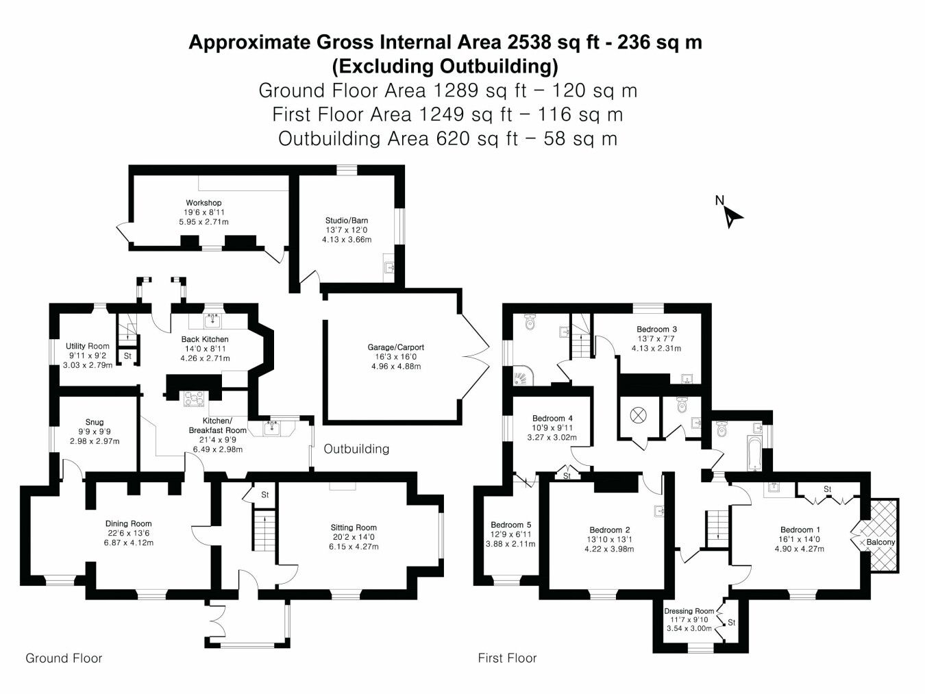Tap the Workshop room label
click(203, 203)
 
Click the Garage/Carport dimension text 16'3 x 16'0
click(396, 357)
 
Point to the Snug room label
click(95, 422)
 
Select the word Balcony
click(880, 542)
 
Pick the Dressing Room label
click(689, 611)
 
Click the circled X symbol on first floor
click(638, 415)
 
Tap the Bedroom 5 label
click(510, 525)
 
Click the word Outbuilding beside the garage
click(356, 449)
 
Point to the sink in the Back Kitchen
click(212, 321)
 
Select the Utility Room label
click(88, 346)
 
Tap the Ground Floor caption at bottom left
click(64, 658)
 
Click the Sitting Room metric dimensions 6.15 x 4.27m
click(354, 547)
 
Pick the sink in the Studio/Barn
click(389, 267)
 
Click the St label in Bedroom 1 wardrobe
click(828, 488)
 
